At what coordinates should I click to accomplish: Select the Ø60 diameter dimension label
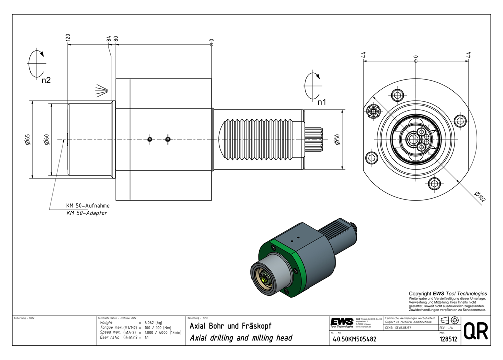pos(46,139)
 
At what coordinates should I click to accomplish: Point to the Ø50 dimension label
pos(337,139)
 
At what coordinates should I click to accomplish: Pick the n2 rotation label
pos(46,80)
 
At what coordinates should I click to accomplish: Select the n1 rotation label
pos(322,102)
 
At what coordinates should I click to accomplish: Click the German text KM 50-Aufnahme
pos(88,206)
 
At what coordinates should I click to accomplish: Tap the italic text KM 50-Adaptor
pos(87,213)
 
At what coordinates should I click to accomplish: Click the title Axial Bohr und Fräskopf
pos(230,326)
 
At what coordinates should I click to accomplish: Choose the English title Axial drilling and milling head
pos(240,338)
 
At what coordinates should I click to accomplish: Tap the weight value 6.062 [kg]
pos(153,323)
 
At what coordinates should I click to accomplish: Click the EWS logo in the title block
pos(342,322)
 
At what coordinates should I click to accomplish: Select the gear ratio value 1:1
pos(147,338)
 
